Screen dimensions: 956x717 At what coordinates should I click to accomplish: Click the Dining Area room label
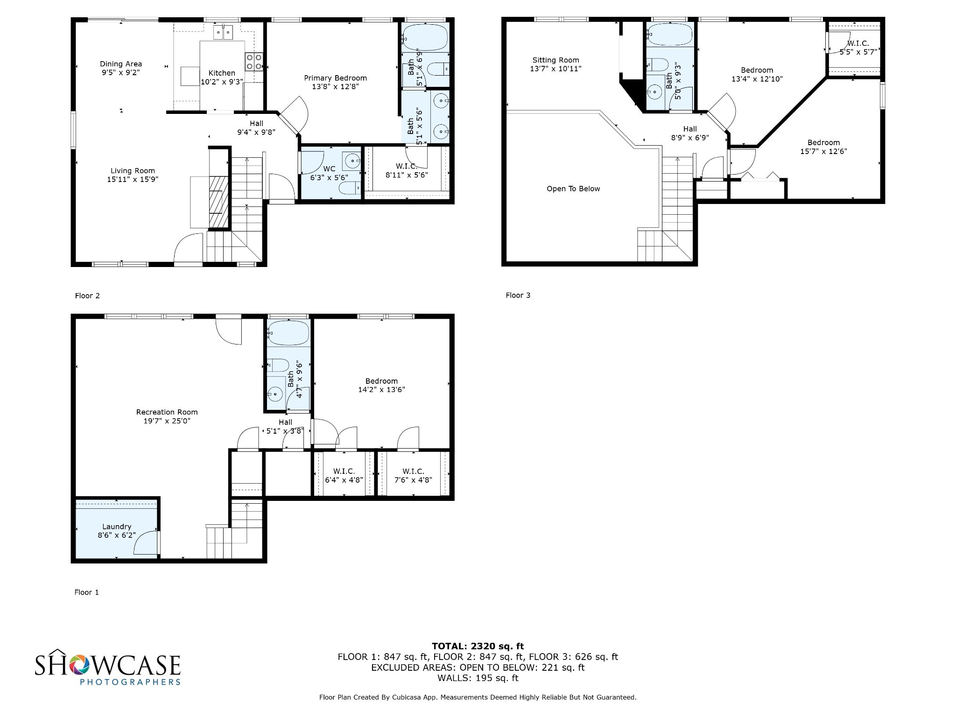[121, 64]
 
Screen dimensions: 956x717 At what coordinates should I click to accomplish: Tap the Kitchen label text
[222, 73]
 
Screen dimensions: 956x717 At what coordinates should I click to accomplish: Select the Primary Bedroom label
[335, 78]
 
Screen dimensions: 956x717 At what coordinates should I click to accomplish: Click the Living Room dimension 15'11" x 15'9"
[133, 179]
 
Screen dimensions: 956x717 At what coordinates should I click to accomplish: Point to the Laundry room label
[117, 527]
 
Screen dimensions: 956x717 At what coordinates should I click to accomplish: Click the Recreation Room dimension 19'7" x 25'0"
[167, 421]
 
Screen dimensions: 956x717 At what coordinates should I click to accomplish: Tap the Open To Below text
[573, 189]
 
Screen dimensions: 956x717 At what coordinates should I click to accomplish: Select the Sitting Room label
[555, 60]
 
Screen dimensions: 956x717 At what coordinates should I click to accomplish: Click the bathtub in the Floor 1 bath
[288, 332]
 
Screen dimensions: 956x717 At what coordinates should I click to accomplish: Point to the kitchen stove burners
[253, 62]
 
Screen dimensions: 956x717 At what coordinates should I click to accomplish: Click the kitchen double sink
[223, 32]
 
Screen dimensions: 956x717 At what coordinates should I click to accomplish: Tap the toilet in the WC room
[349, 188]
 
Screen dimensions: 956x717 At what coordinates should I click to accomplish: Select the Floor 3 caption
[518, 295]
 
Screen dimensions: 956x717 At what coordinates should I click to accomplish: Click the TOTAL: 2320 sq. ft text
[478, 646]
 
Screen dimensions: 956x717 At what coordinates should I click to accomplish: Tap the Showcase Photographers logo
[108, 667]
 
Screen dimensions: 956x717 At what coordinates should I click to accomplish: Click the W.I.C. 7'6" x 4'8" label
[413, 476]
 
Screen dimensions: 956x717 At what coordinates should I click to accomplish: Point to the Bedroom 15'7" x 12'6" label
[823, 147]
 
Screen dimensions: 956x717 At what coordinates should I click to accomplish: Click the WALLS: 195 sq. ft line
[478, 678]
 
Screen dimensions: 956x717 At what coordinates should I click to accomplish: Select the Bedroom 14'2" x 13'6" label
[381, 386]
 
